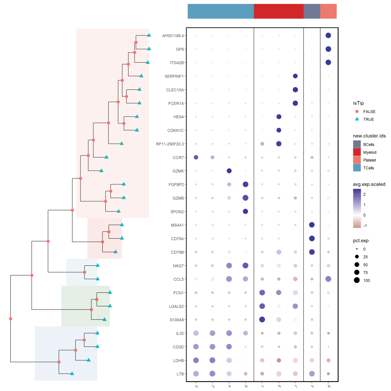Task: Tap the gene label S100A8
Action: pos(177,320)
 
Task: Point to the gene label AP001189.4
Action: pos(173,35)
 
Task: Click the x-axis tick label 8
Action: pos(328,386)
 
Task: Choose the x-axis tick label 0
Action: pos(196,386)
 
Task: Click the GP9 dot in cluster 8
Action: pos(328,49)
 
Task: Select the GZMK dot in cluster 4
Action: pos(229,171)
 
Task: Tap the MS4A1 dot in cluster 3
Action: pos(312,225)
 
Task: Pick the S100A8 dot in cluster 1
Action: pos(262,320)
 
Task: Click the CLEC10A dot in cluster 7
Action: pos(295,89)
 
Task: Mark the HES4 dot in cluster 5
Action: pos(279,117)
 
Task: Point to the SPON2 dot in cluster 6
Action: pos(245,211)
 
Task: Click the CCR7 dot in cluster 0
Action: pos(196,157)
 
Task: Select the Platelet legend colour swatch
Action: pos(357,160)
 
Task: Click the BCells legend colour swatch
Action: pos(357,144)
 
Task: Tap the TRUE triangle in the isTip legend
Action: pos(357,119)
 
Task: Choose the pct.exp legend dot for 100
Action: pos(357,280)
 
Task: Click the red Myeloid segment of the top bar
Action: pos(278,11)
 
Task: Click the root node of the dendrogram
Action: pos(10,319)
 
